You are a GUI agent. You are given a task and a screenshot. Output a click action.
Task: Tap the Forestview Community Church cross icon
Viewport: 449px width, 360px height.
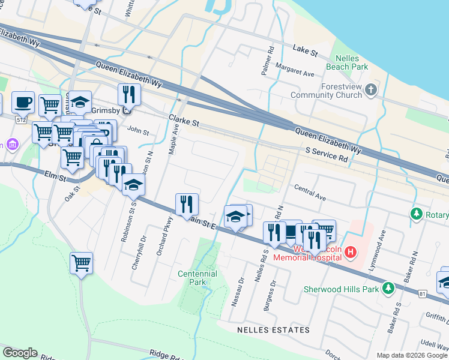[370, 91]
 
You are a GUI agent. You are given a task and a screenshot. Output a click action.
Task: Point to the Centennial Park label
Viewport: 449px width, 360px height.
[197, 278]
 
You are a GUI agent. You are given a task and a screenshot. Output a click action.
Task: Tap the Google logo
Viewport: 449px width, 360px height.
[20, 353]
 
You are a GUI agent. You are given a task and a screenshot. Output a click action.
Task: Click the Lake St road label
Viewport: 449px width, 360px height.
[305, 50]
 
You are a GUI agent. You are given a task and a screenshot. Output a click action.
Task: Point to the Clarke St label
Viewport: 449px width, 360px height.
[184, 121]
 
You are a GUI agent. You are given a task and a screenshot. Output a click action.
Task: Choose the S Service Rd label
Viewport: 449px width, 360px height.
[327, 155]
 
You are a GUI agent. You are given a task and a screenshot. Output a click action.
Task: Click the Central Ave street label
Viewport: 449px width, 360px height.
[310, 192]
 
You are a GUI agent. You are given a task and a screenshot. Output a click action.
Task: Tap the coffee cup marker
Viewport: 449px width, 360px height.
[23, 102]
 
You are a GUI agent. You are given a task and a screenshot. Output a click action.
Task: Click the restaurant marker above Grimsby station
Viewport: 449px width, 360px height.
[129, 94]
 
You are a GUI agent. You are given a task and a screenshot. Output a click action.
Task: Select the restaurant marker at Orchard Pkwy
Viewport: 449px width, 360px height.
[187, 204]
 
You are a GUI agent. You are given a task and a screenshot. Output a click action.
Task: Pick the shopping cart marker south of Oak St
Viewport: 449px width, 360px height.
[81, 262]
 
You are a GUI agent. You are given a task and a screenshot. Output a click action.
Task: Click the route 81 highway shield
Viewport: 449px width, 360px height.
[423, 293]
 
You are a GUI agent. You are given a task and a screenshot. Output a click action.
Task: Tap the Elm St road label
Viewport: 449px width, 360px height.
[54, 175]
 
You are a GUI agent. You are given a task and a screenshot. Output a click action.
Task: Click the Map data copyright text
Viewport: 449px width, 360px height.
[412, 355]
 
